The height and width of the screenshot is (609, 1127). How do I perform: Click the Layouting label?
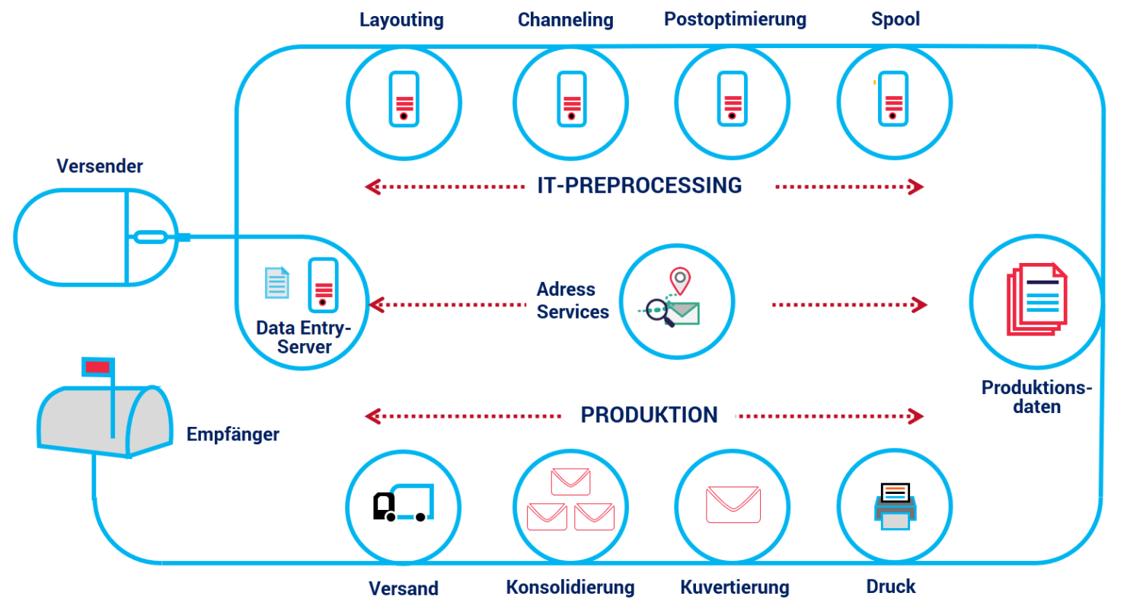[401, 20]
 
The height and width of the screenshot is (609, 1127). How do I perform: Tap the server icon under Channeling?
[572, 99]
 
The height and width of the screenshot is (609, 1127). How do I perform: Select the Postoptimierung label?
[735, 20]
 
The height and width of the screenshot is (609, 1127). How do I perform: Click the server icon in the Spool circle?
[893, 99]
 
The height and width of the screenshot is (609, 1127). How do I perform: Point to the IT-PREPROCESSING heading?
[640, 185]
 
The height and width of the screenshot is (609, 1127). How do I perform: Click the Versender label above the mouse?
[100, 166]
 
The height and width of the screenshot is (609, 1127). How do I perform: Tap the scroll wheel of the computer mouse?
[151, 237]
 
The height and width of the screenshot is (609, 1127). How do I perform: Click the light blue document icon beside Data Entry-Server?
[277, 282]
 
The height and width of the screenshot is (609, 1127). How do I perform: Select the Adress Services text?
[573, 301]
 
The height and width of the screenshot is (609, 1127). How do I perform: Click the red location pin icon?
[680, 280]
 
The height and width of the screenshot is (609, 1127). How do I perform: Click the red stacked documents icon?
[1037, 300]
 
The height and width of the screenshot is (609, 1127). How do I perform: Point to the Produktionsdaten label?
[1037, 397]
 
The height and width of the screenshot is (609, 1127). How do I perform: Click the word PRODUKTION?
[649, 415]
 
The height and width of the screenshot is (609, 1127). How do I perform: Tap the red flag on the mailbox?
[97, 367]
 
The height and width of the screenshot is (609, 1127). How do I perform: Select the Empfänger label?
[233, 434]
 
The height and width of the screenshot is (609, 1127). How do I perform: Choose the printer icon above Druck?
[895, 506]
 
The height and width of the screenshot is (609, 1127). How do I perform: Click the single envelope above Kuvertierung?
[733, 505]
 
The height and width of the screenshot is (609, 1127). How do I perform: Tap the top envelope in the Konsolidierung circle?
[570, 482]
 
